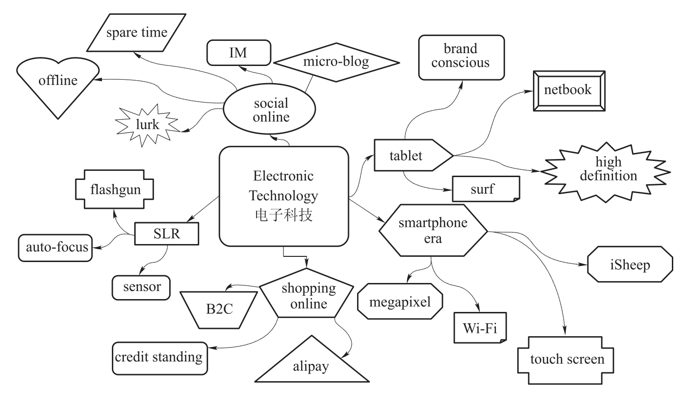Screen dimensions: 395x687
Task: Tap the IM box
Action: coord(238,53)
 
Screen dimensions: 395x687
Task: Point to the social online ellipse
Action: coord(271,111)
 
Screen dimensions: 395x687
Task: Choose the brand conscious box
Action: coord(460,56)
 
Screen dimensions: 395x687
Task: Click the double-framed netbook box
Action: coord(568,90)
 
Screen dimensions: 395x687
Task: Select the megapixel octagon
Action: coord(400,302)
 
